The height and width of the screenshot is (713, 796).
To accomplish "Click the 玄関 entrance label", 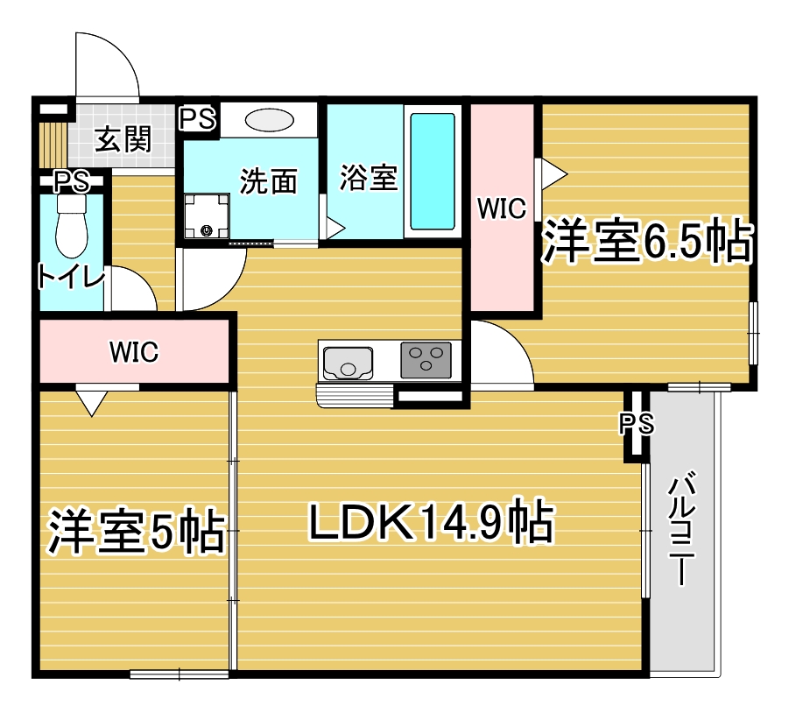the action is point(123,138).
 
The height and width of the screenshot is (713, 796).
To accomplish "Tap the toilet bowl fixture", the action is point(72,227).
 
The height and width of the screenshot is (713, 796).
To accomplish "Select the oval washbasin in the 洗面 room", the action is point(269,121).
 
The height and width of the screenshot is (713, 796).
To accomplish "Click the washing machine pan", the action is point(207,215).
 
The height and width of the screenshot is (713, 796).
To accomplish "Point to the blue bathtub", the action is point(432,172).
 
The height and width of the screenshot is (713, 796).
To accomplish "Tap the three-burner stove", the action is point(426,360).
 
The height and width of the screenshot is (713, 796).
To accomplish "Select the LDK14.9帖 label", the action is point(431,521).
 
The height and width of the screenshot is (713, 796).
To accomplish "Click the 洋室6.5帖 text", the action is point(647,241).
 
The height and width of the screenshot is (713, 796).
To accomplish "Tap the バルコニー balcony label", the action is point(680,529).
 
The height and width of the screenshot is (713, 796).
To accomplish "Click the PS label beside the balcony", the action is point(637,422).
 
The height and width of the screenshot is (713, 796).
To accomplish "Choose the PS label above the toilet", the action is point(72,181).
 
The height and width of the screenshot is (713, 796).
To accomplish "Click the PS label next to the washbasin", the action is point(198,119).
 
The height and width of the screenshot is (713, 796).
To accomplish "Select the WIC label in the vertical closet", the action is point(502,208).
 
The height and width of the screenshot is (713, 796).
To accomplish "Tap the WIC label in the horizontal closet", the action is point(134,351).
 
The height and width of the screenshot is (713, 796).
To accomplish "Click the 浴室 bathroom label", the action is point(369,178).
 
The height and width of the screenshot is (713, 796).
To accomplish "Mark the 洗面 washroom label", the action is point(269,180).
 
